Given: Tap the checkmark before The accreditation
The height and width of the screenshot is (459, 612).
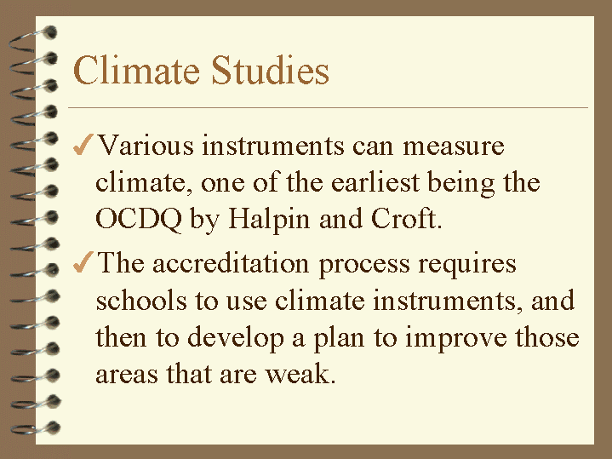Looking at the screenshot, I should (x=83, y=263).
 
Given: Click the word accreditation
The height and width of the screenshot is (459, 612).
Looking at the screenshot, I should (x=230, y=263).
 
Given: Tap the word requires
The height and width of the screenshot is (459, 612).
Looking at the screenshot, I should (x=467, y=265).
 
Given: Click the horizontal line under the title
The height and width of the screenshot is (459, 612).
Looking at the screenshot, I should (x=328, y=108).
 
